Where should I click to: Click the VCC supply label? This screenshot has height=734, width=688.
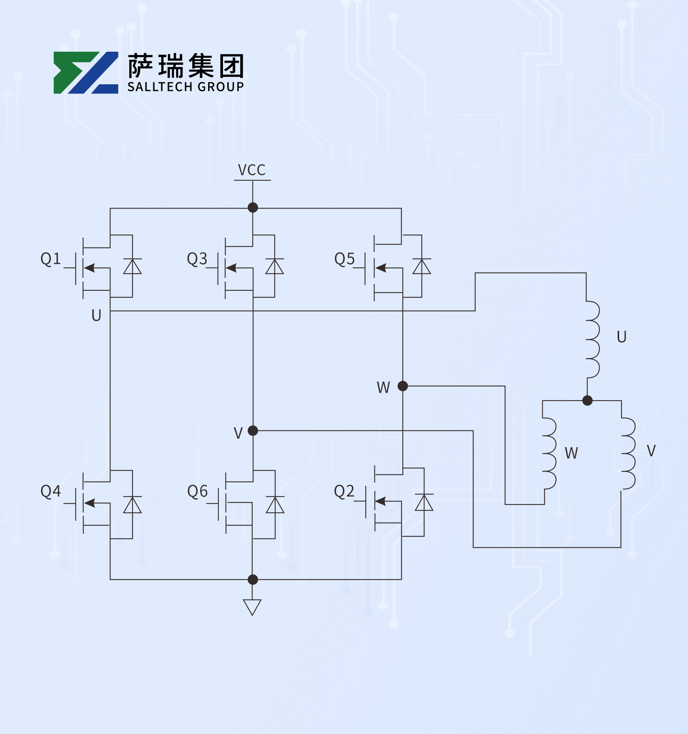point(252,170)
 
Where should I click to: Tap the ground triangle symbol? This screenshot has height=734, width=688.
point(252,607)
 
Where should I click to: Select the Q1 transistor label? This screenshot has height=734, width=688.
point(51,259)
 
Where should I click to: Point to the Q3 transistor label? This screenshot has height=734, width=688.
point(197,259)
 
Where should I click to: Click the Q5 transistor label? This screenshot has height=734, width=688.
point(344,259)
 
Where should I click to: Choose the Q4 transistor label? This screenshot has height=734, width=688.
point(51,491)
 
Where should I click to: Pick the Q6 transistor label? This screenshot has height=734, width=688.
point(197,491)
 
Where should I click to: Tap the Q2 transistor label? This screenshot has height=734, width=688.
point(344,491)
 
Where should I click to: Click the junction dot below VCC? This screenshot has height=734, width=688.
point(253,208)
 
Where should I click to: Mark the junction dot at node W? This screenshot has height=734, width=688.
point(403,386)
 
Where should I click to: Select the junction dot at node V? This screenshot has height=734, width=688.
point(253,431)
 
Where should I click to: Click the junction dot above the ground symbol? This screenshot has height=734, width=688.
point(253,580)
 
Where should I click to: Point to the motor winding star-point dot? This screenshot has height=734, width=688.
point(587,400)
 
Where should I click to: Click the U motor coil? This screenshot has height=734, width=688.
point(592,339)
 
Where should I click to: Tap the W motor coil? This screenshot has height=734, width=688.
point(549,453)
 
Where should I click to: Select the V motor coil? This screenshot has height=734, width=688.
point(628,453)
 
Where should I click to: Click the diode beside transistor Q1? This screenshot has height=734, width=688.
point(132,266)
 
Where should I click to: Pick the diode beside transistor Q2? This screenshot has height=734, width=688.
point(424,503)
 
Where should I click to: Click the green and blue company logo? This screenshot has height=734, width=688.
point(86,73)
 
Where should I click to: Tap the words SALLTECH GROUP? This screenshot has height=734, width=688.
point(186,87)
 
